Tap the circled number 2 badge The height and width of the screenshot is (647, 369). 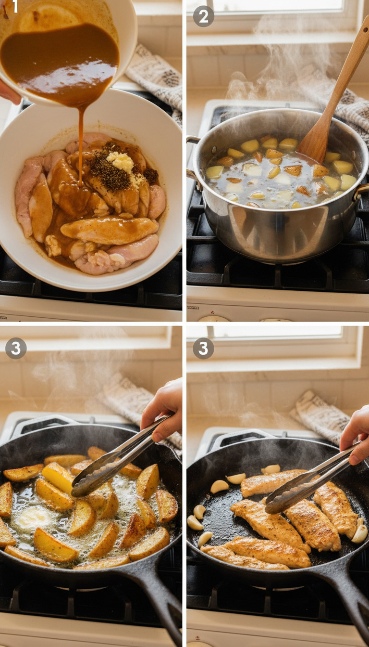tap(203, 16)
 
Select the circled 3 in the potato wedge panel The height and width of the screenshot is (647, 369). tap(15, 348)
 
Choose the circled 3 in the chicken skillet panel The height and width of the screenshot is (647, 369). tap(203, 348)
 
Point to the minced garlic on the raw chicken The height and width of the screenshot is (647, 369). tap(121, 162)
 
